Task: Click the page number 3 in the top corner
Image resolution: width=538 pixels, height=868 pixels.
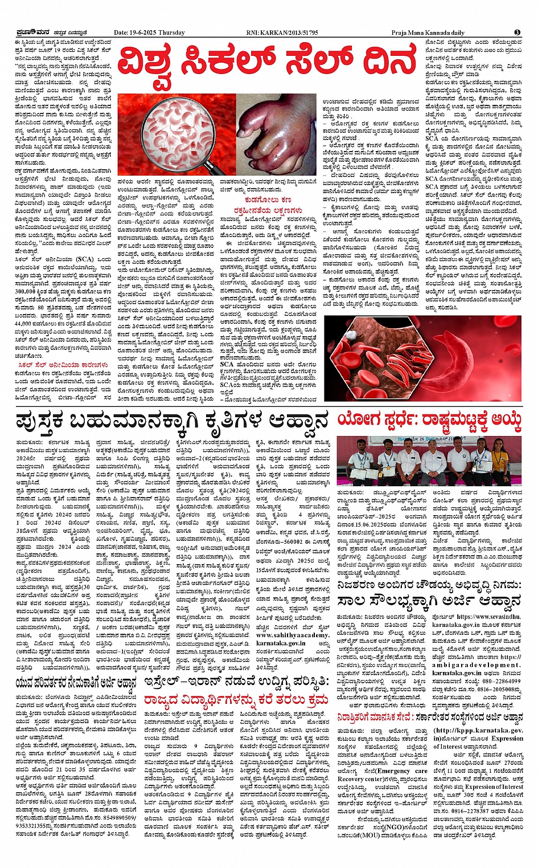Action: tap(517, 32)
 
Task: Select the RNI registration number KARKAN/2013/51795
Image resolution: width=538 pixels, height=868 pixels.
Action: tap(289, 32)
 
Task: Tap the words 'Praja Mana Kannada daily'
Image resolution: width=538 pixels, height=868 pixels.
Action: tap(428, 32)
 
